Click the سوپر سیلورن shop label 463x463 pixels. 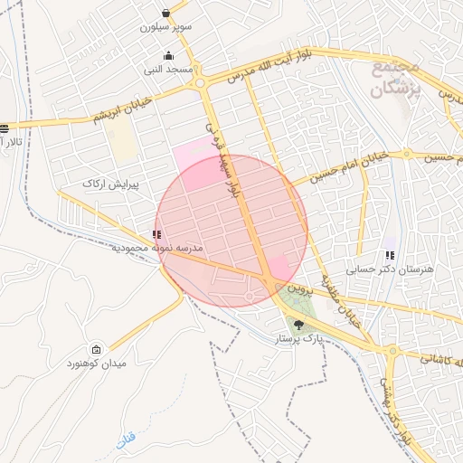coord(166,27)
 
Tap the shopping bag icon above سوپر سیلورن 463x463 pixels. coord(166,13)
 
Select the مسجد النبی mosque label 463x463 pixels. coord(167,70)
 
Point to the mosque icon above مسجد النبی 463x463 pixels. coord(168,55)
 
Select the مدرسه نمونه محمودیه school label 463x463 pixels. coord(157,247)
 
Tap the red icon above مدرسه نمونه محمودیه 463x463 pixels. coord(158,234)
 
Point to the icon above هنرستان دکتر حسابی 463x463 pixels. coord(391,256)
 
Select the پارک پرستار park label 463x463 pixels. coord(299,339)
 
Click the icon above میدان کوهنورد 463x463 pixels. coord(97,349)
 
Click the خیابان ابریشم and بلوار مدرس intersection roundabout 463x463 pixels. coord(204,84)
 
